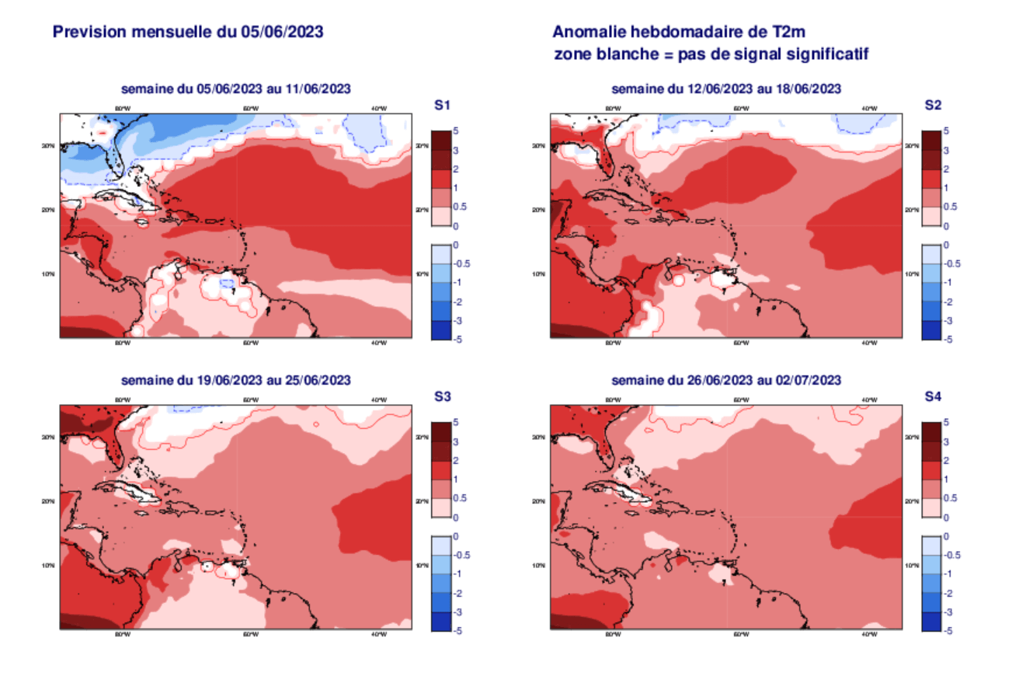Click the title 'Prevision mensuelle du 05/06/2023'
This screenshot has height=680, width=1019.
187,32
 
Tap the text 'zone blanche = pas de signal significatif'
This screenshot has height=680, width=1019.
710,54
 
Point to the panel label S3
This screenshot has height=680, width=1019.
443,396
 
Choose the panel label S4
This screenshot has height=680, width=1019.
933,396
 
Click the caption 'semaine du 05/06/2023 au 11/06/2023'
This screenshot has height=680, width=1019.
235,89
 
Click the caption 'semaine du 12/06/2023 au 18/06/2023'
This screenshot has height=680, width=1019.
726,89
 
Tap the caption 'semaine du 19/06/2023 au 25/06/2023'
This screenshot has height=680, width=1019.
235,380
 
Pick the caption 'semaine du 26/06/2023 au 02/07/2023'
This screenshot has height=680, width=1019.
726,380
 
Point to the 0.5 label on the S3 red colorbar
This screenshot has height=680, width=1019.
461,498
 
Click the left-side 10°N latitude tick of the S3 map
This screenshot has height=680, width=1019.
48,565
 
